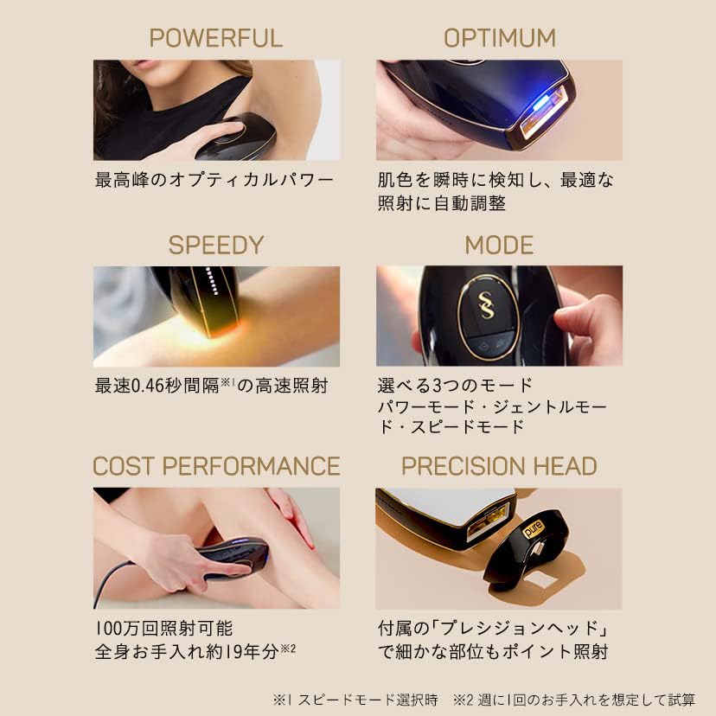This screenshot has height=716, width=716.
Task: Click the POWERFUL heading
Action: pos(215,38)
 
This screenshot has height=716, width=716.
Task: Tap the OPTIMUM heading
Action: pos(499,38)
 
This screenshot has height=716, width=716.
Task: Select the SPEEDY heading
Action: pos(215,245)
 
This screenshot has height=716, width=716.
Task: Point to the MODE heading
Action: pos(499,245)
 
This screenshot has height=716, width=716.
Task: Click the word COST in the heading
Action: pos(124,466)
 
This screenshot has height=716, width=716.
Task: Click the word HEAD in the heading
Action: pos(566,466)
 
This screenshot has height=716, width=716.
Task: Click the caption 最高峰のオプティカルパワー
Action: pos(214,181)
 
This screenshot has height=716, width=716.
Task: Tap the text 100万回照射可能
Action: pos(163,629)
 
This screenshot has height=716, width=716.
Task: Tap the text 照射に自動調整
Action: pos(441,204)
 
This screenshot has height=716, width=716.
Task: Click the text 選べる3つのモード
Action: pos(455,385)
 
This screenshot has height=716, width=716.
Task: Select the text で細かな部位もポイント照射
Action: pos(492,652)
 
